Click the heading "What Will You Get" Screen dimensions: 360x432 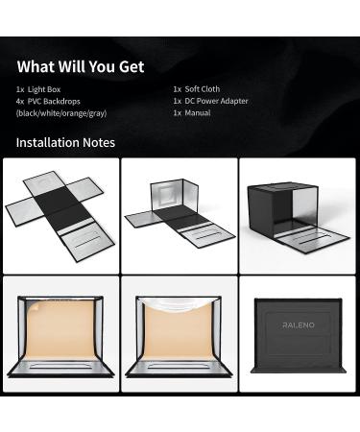click(81, 66)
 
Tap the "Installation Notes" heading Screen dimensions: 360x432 click(65, 142)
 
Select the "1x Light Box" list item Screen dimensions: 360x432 click(38, 89)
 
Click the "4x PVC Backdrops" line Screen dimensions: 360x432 click(48, 101)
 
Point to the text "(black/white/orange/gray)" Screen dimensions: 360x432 click(61, 113)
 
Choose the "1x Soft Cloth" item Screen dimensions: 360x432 click(197, 89)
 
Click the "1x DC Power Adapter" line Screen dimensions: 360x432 click(210, 101)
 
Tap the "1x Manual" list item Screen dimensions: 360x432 click(192, 112)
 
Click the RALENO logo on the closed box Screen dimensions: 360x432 click(299, 325)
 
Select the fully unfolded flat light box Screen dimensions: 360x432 click(60, 215)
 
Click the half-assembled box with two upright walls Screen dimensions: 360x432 click(180, 213)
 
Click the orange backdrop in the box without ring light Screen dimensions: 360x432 click(60, 329)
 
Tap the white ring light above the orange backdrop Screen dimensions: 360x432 click(179, 304)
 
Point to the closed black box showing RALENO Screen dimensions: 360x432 click(298, 336)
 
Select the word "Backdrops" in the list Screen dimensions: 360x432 click(61, 101)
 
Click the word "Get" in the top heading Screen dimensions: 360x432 click(132, 66)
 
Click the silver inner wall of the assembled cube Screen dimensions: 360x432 click(306, 208)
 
